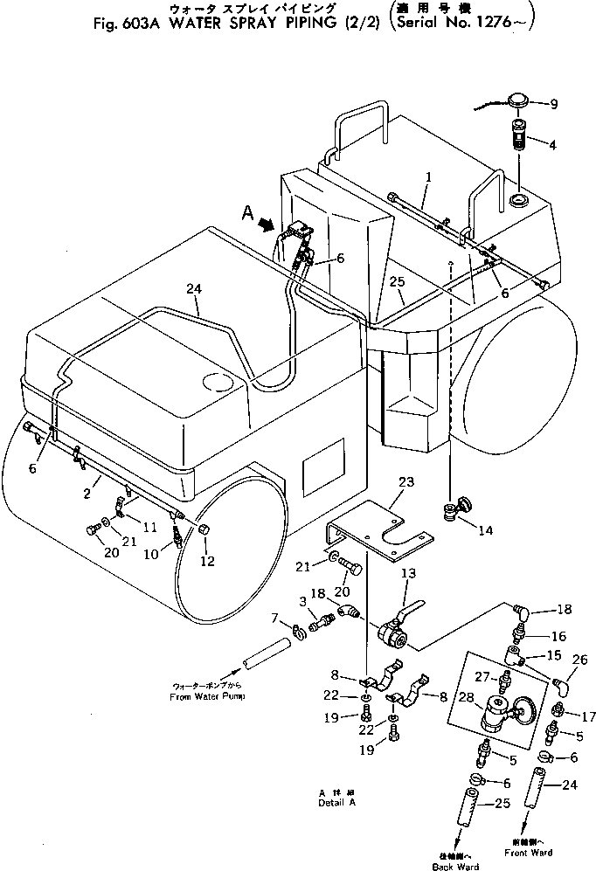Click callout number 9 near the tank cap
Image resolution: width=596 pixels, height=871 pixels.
(x=553, y=105)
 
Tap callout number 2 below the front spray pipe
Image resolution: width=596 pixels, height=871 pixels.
(x=87, y=494)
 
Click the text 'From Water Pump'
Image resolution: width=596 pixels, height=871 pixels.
(x=207, y=696)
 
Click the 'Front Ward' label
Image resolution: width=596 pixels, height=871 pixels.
(x=531, y=852)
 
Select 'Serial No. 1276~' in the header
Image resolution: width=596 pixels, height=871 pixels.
(x=453, y=24)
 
